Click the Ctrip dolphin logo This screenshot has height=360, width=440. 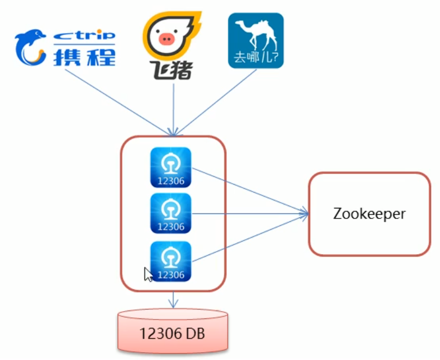(30, 47)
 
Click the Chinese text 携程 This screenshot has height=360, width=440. (84, 57)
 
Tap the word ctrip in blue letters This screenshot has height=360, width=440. (84, 35)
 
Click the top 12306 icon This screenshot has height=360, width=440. (171, 167)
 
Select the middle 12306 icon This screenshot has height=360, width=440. (171, 213)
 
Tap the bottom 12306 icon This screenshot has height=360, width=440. (171, 261)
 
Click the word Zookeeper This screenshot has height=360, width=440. (369, 214)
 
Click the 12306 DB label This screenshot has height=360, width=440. (173, 335)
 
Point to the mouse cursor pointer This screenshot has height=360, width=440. (148, 274)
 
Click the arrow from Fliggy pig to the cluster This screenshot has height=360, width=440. (174, 107)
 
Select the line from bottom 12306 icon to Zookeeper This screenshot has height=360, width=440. (247, 238)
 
